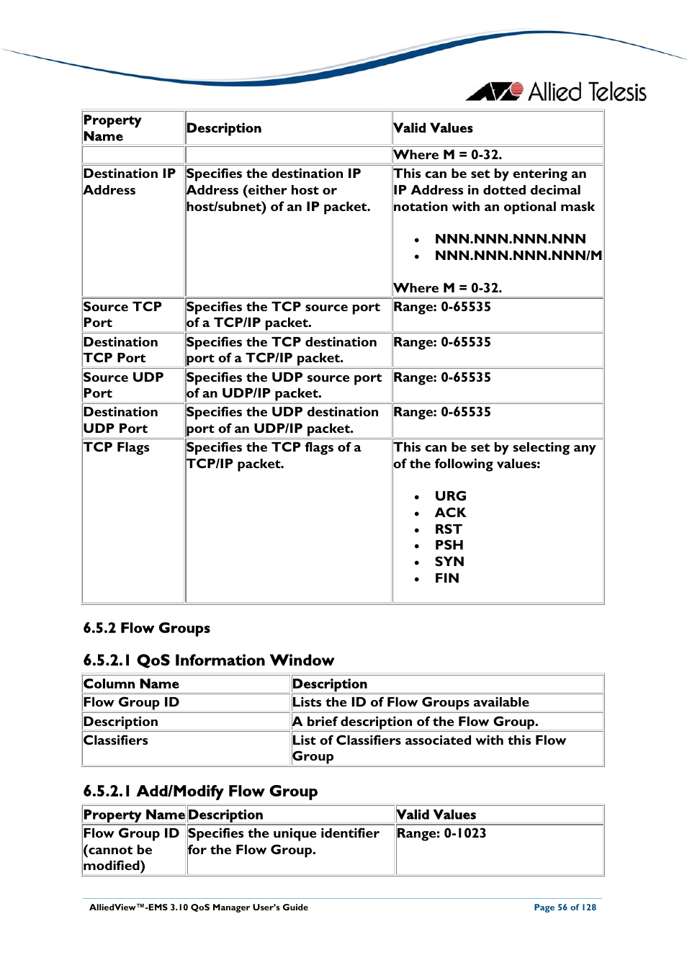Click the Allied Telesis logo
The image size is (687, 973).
pyautogui.click(x=557, y=92)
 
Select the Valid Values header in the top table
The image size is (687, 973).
pyautogui.click(x=433, y=128)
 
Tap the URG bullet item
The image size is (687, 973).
pyautogui.click(x=450, y=496)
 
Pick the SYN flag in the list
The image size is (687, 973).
pyautogui.click(x=449, y=562)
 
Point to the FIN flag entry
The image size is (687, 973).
pyautogui.click(x=446, y=578)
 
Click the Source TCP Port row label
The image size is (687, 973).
pyautogui.click(x=122, y=315)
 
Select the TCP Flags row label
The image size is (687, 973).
pyautogui.click(x=117, y=447)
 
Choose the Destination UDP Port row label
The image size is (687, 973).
pyautogui.click(x=120, y=420)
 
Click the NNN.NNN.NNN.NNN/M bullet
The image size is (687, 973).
pyautogui.click(x=518, y=256)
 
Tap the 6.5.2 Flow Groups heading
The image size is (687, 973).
pyautogui.click(x=146, y=628)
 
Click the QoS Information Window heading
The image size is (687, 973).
pyautogui.click(x=208, y=660)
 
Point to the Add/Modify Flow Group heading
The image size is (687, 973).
pyautogui.click(x=200, y=792)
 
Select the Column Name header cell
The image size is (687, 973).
pyautogui.click(x=131, y=684)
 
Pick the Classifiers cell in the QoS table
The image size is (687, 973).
pyautogui.click(x=116, y=740)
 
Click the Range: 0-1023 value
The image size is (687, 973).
pyautogui.click(x=441, y=833)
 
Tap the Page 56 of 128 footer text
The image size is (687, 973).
pyautogui.click(x=565, y=907)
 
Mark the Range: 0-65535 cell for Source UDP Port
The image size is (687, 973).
pyautogui.click(x=442, y=377)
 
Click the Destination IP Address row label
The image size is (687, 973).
pyautogui.click(x=129, y=181)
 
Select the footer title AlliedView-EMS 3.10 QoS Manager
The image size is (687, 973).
pyautogui.click(x=198, y=907)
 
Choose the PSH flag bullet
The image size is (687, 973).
pyautogui.click(x=449, y=545)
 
